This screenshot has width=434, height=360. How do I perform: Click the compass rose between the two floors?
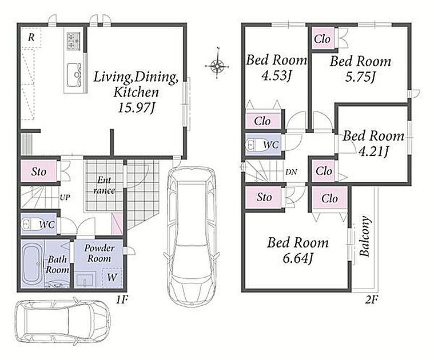pyautogui.click(x=217, y=66)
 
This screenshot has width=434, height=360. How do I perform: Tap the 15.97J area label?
pyautogui.click(x=136, y=107)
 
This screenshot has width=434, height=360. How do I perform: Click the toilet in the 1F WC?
pyautogui.click(x=29, y=223)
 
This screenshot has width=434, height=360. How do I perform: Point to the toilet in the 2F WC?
pyautogui.click(x=253, y=145)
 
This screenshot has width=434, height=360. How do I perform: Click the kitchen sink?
pyautogui.click(x=74, y=75)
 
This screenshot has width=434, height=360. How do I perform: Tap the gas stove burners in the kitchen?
pyautogui.click(x=74, y=41)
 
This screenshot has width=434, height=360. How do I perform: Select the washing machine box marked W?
pyautogui.click(x=112, y=277)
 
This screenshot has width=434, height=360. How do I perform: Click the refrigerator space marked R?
pyautogui.click(x=31, y=37)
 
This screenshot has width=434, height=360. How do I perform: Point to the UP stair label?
pyautogui.click(x=65, y=197)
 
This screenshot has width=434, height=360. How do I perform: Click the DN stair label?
pyautogui.click(x=291, y=172)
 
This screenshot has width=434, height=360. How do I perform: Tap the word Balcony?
pyautogui.click(x=364, y=236)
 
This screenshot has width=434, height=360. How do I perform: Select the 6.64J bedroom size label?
pyautogui.click(x=298, y=258)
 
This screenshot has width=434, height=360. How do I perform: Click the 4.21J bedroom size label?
pyautogui.click(x=373, y=151)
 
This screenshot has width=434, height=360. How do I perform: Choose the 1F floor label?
pyautogui.click(x=122, y=299)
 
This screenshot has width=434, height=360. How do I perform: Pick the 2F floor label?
pyautogui.click(x=372, y=299)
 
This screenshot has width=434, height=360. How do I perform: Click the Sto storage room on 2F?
pyautogui.click(x=264, y=197)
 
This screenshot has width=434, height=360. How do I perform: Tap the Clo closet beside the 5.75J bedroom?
pyautogui.click(x=322, y=39)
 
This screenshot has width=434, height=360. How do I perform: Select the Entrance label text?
pyautogui.click(x=104, y=185)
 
